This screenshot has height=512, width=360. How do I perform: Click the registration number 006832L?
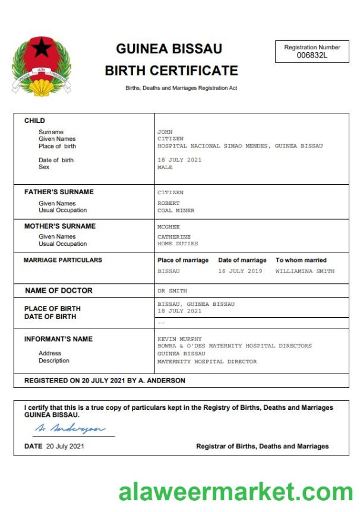point(312,56)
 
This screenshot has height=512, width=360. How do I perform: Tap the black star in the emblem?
point(41,48)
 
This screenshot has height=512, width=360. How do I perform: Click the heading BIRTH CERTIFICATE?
point(171,71)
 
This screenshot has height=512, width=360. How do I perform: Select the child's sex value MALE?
point(165,167)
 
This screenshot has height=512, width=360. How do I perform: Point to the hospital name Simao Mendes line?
point(239,146)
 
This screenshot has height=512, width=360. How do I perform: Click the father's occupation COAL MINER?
point(175,210)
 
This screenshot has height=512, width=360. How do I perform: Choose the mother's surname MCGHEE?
point(168,227)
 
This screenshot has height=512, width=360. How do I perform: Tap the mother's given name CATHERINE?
point(174,236)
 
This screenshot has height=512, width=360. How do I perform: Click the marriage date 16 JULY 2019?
point(239,271)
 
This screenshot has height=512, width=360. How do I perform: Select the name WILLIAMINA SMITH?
point(305,271)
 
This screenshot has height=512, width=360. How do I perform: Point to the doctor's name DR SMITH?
point(172,291)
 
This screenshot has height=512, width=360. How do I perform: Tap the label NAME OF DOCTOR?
point(59,291)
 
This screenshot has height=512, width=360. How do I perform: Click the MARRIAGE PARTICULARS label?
point(62,260)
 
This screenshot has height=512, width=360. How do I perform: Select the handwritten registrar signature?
point(70,429)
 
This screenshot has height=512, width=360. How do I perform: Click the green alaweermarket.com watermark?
point(236,492)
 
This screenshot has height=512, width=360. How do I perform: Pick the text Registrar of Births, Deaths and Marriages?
point(262,446)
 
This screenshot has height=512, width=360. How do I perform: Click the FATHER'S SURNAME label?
point(59,192)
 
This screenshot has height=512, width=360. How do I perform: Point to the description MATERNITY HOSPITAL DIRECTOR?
point(207,361)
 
